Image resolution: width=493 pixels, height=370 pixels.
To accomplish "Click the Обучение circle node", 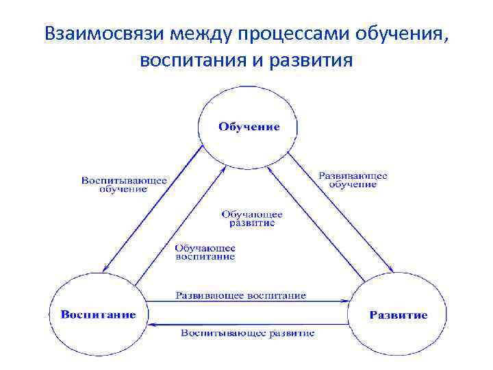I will tap(249, 128).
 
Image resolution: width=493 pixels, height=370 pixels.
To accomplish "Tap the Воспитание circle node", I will tap(98, 314).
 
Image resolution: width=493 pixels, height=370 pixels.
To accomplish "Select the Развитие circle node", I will tap(398, 314).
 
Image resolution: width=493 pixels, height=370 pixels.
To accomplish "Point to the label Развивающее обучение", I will tap(353, 180).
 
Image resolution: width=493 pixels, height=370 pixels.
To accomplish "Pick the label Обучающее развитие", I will tap(252, 219).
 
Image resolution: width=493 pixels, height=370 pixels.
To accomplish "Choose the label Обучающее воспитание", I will tap(205, 252).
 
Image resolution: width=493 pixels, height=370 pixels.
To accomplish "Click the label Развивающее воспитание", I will tap(240, 296).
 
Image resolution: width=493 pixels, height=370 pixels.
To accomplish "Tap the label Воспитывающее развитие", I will tap(248, 333).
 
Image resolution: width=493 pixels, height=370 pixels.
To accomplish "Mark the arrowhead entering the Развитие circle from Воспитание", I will tap(345, 301).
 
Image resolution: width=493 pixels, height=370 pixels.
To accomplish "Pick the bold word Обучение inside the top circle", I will tap(249, 127).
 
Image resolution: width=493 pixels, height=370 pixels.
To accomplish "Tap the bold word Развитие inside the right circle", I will tap(399, 315).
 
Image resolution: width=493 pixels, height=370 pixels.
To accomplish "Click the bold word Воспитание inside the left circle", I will tap(99, 315).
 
